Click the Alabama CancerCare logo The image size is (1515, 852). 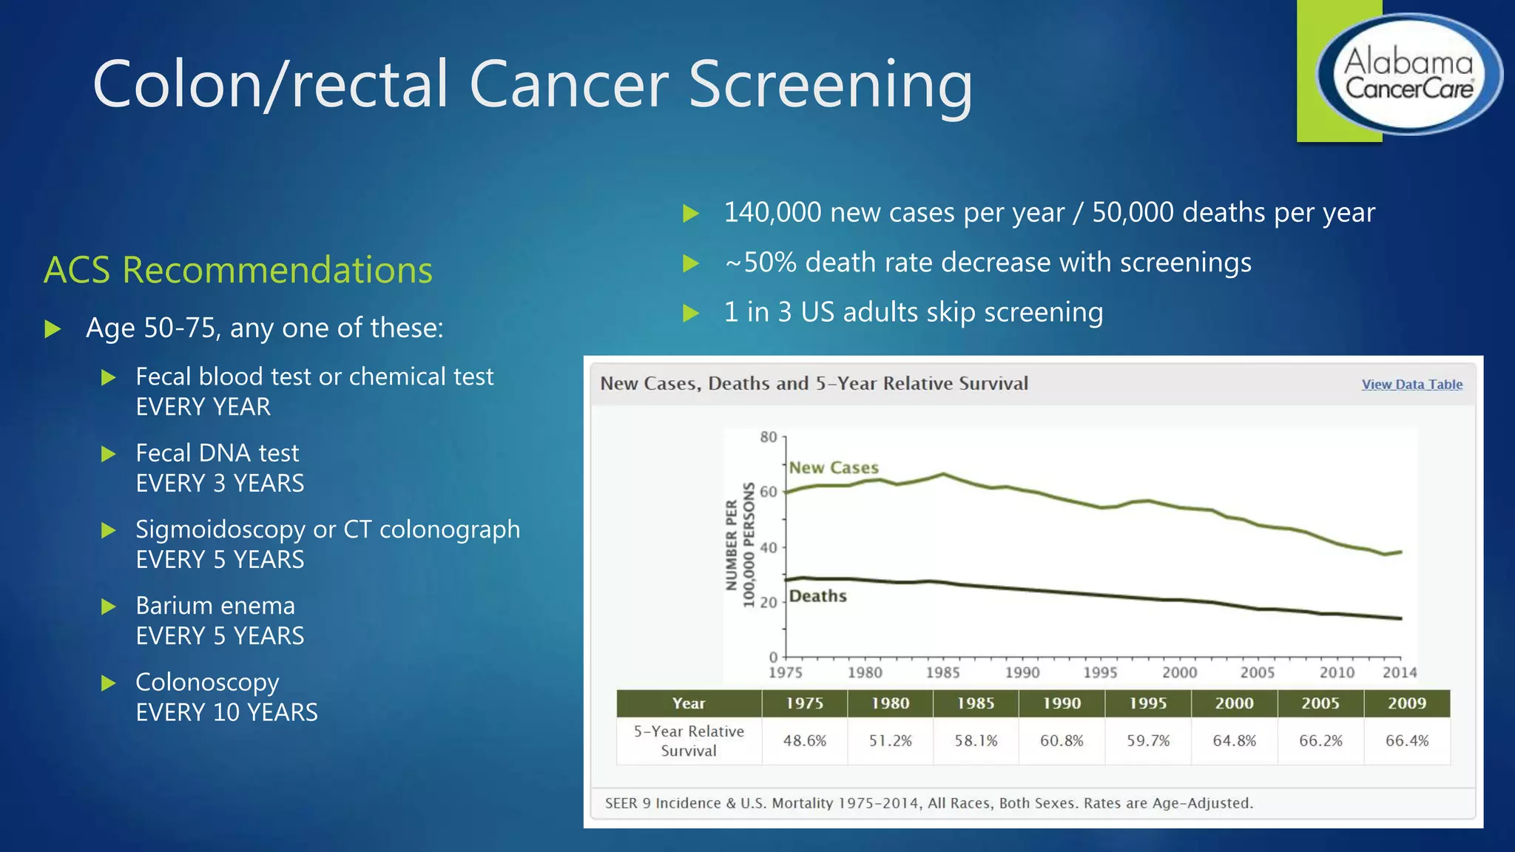[x=1408, y=74]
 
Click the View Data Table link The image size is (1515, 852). [x=1411, y=385]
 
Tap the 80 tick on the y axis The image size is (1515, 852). [x=769, y=437]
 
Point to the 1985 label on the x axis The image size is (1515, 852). [x=942, y=673]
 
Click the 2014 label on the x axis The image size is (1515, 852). [x=1400, y=673]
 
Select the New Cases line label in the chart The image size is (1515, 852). [x=834, y=468]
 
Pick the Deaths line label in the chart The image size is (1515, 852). [x=817, y=596]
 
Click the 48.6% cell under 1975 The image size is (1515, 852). [x=804, y=741]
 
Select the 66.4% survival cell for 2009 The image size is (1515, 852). [x=1406, y=741]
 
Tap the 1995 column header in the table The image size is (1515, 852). [x=1147, y=703]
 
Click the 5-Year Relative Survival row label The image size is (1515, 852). [x=689, y=741]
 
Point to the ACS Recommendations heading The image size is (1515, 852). [x=238, y=270]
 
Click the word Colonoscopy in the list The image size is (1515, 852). [x=207, y=682]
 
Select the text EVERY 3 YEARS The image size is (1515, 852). [x=220, y=484]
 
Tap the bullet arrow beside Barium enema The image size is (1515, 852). [x=109, y=607]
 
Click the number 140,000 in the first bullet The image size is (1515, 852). [x=772, y=213]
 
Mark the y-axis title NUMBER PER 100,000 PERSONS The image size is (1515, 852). [x=740, y=546]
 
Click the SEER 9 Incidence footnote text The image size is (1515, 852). [x=928, y=804]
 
